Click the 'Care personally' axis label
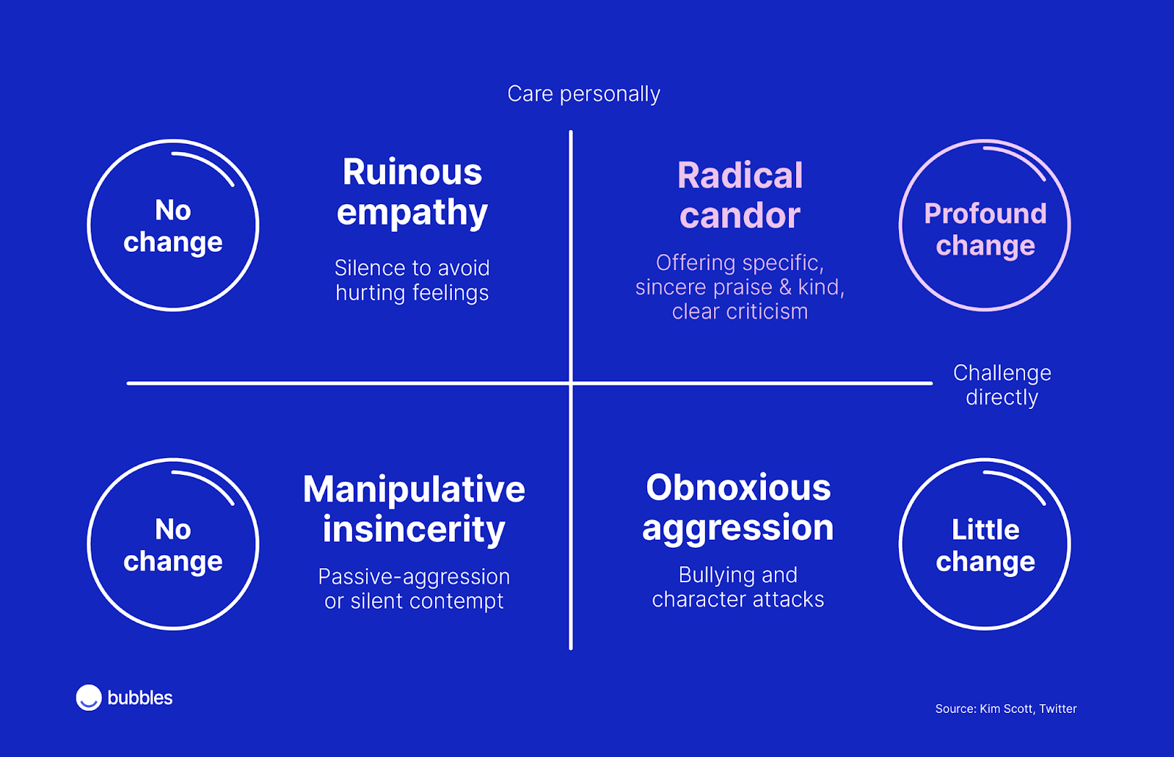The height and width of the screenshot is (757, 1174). tap(583, 94)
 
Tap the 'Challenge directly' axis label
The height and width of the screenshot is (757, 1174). tap(1002, 385)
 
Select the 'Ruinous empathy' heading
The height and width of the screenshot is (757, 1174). tap(412, 192)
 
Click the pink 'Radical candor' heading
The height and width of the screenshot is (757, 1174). tap(740, 195)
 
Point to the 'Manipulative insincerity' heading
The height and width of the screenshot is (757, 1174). tap(414, 509)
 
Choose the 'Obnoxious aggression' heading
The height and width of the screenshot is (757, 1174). tap(738, 507)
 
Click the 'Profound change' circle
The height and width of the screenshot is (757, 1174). tap(985, 225)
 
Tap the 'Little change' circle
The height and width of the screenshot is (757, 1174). tap(985, 544)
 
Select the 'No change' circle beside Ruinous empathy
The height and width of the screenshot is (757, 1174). tap(173, 225)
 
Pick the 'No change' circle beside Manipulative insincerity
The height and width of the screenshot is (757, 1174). tap(173, 544)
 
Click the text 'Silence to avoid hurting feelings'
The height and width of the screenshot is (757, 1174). tap(412, 280)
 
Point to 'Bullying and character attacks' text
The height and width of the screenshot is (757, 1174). tap(738, 587)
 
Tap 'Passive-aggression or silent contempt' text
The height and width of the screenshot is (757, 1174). tap(414, 589)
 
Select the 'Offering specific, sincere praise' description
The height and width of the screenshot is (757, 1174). tap(740, 287)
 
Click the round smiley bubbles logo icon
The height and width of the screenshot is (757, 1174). tap(89, 698)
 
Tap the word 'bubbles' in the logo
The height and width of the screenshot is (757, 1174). tap(140, 698)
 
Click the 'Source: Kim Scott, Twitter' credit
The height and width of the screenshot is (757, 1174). tap(1006, 709)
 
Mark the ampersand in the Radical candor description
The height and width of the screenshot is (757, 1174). tap(786, 287)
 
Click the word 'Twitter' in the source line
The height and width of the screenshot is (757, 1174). tap(1058, 709)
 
